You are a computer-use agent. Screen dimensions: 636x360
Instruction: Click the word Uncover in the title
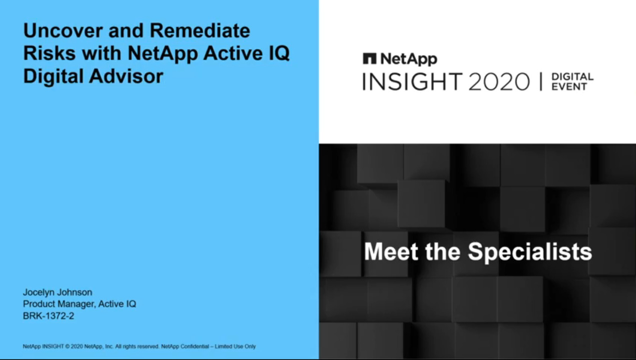[x=63, y=30]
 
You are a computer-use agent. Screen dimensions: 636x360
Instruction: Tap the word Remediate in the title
[x=200, y=30]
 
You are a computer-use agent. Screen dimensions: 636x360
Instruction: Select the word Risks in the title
[x=50, y=53]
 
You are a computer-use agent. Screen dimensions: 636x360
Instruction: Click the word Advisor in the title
[x=126, y=76]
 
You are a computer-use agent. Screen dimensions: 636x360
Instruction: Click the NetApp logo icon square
[x=369, y=58]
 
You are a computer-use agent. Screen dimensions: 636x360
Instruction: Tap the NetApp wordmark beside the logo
[x=409, y=59]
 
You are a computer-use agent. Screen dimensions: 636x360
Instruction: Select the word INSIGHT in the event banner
[x=412, y=81]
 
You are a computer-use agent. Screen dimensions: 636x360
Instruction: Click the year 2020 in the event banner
[x=499, y=81]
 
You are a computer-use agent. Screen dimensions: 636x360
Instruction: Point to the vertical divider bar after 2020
[x=541, y=81]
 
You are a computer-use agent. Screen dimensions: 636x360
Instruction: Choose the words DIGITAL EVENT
[x=572, y=81]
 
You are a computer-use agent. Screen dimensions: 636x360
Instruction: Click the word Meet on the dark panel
[x=391, y=251]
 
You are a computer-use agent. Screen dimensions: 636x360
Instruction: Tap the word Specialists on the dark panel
[x=530, y=252]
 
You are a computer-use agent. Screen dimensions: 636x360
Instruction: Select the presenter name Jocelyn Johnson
[x=58, y=292]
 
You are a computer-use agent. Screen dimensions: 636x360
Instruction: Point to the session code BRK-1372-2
[x=48, y=315]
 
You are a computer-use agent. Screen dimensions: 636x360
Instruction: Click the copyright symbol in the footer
[x=67, y=346]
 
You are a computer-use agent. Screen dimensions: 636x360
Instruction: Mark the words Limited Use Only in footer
[x=235, y=346]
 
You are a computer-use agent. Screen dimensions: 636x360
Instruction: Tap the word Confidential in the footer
[x=195, y=346]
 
